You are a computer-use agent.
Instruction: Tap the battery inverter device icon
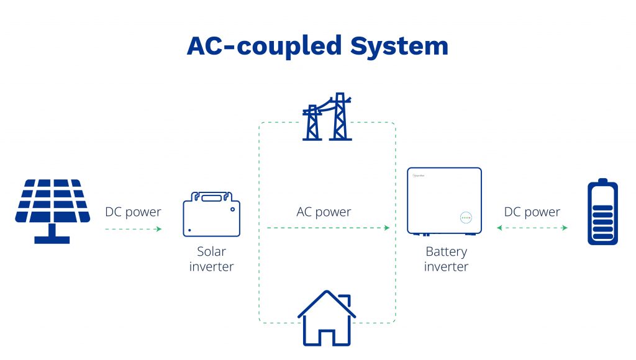click(444, 201)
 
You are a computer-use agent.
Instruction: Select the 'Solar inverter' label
click(211, 259)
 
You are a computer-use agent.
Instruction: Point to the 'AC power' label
click(324, 212)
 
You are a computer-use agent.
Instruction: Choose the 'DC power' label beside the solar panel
click(133, 212)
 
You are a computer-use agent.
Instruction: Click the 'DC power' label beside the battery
click(532, 212)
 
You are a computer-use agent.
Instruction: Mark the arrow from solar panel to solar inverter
click(133, 229)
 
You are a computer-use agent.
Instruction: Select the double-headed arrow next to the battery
click(532, 228)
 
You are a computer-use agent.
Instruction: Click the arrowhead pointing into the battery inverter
click(387, 228)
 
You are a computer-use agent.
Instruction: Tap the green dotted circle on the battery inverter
click(465, 218)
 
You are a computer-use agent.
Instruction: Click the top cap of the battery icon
click(602, 181)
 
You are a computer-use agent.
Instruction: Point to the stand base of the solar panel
click(52, 239)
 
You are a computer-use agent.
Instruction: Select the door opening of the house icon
click(327, 338)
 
